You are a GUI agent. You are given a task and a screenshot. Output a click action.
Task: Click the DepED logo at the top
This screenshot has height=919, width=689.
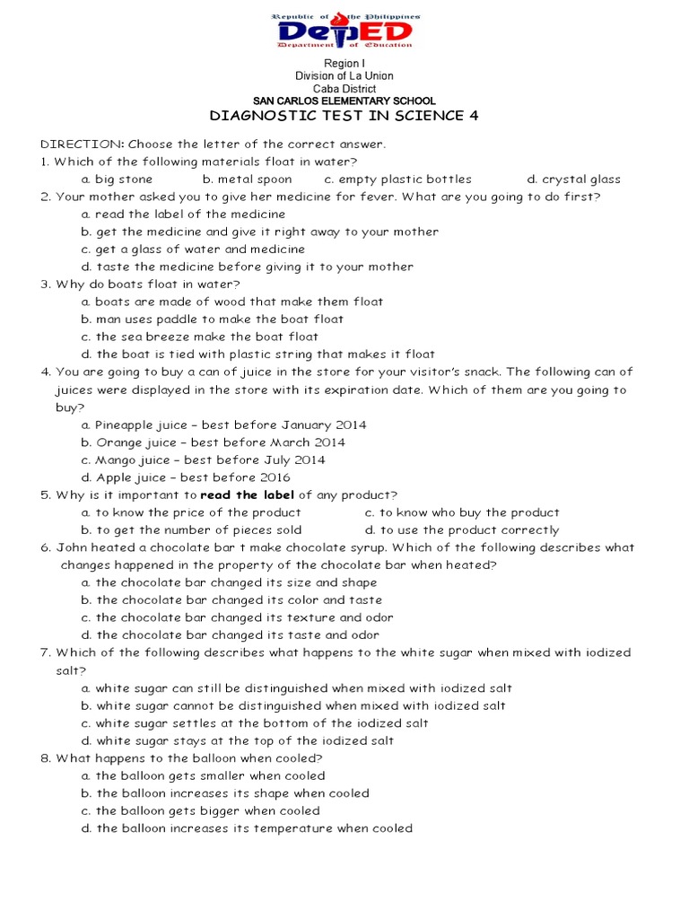click(x=344, y=31)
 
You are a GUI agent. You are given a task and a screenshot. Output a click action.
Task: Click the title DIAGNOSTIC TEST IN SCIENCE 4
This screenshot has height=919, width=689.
click(x=344, y=117)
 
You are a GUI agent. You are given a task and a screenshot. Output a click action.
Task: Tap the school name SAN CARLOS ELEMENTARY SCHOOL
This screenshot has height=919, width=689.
click(x=344, y=101)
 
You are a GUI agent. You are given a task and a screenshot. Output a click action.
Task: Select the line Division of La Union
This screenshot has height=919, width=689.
click(x=344, y=76)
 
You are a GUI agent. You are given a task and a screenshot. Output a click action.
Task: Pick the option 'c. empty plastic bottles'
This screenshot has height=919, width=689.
click(x=397, y=179)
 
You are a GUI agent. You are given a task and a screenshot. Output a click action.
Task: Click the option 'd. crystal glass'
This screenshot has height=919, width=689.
click(x=573, y=179)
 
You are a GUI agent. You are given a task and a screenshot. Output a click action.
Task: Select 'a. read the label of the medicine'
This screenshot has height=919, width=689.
click(x=183, y=214)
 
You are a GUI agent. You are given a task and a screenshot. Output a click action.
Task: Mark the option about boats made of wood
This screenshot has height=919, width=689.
click(x=231, y=302)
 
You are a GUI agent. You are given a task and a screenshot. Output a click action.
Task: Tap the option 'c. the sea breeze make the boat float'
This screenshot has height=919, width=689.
click(x=199, y=337)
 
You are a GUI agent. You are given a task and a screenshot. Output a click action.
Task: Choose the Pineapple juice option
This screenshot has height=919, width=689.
click(x=223, y=424)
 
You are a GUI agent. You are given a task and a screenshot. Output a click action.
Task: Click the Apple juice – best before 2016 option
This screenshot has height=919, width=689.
click(x=186, y=477)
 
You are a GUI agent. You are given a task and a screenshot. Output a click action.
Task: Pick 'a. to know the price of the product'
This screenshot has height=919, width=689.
click(x=191, y=512)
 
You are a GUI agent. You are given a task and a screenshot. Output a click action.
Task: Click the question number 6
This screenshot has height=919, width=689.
click(x=45, y=547)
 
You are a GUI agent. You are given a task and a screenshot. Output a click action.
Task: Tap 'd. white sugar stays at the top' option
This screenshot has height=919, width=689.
click(x=237, y=740)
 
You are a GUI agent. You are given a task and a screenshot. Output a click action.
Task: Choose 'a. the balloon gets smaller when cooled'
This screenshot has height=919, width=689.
click(x=203, y=775)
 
